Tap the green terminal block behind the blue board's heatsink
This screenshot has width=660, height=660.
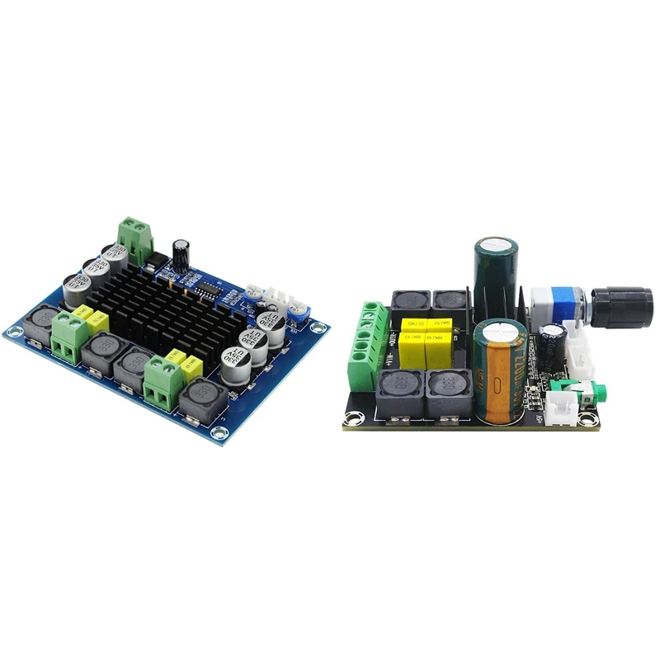click(136, 236)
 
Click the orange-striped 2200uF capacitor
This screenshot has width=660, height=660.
click(498, 367)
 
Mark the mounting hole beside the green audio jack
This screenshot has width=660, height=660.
click(587, 421)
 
